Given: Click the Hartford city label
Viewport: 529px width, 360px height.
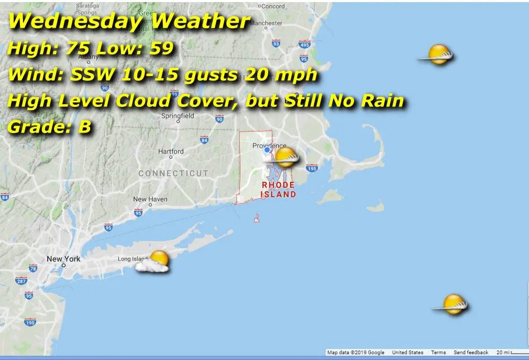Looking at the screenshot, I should pyautogui.click(x=171, y=151).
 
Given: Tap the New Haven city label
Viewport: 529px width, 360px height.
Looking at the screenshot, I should pyautogui.click(x=150, y=199).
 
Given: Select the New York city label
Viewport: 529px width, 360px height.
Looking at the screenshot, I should pyautogui.click(x=63, y=259).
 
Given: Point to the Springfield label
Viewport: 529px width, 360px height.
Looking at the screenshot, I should pyautogui.click(x=178, y=116).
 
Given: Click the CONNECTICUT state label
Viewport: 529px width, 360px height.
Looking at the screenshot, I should pyautogui.click(x=173, y=173).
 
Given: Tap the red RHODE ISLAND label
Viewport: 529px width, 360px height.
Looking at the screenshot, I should pyautogui.click(x=279, y=190).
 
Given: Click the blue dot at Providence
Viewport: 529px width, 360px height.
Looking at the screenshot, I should pyautogui.click(x=267, y=150).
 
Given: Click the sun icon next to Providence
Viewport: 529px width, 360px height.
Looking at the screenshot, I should pyautogui.click(x=286, y=157).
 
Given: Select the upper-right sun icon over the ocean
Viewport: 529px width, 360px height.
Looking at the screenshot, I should pyautogui.click(x=438, y=55).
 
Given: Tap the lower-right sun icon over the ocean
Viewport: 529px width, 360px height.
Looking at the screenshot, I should pyautogui.click(x=453, y=304).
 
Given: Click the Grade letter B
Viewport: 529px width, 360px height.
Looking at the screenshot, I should pyautogui.click(x=85, y=127).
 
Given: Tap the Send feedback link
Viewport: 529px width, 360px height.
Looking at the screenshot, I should pyautogui.click(x=471, y=353).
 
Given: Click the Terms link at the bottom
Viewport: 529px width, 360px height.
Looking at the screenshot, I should pyautogui.click(x=438, y=353).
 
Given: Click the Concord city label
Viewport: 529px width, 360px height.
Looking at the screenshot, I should pyautogui.click(x=273, y=6).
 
